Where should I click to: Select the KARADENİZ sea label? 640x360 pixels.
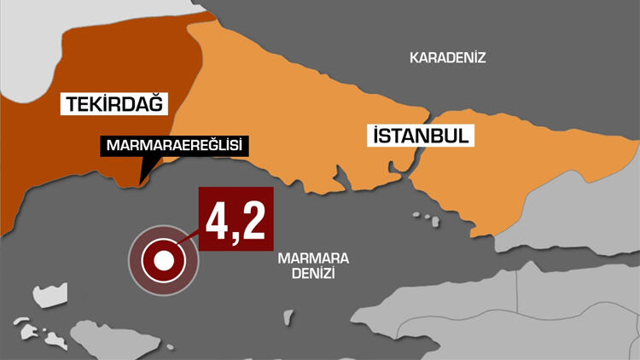[447, 58]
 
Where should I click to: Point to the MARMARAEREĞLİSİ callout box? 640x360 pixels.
[174, 146]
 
